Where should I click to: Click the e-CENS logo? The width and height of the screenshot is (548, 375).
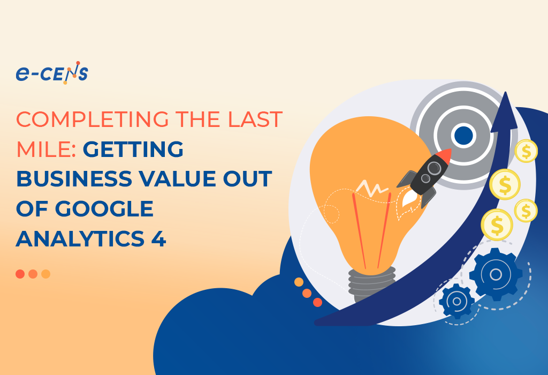pos(52,73)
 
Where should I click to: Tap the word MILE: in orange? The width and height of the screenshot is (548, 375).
pos(46,149)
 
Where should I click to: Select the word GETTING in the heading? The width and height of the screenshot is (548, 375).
pos(133,149)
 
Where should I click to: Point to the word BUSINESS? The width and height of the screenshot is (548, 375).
pos(74,179)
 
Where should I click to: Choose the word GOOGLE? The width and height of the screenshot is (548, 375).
pos(104,209)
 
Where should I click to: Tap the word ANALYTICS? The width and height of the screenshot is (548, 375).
pos(80,238)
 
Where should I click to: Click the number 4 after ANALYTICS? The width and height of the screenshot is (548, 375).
pos(158,238)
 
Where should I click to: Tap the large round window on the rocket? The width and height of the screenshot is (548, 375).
pos(434,168)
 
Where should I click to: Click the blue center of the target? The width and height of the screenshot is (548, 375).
pos(463,135)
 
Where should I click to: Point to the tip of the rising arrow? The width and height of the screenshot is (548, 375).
pos(505,92)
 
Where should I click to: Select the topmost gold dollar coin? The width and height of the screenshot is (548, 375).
pos(526,151)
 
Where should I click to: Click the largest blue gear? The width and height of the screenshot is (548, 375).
pos(496,274)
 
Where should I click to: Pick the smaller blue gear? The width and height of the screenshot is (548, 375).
pos(456,301)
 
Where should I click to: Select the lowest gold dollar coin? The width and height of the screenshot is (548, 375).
pos(497,225)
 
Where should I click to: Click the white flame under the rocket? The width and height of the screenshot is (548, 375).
pos(407,198)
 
